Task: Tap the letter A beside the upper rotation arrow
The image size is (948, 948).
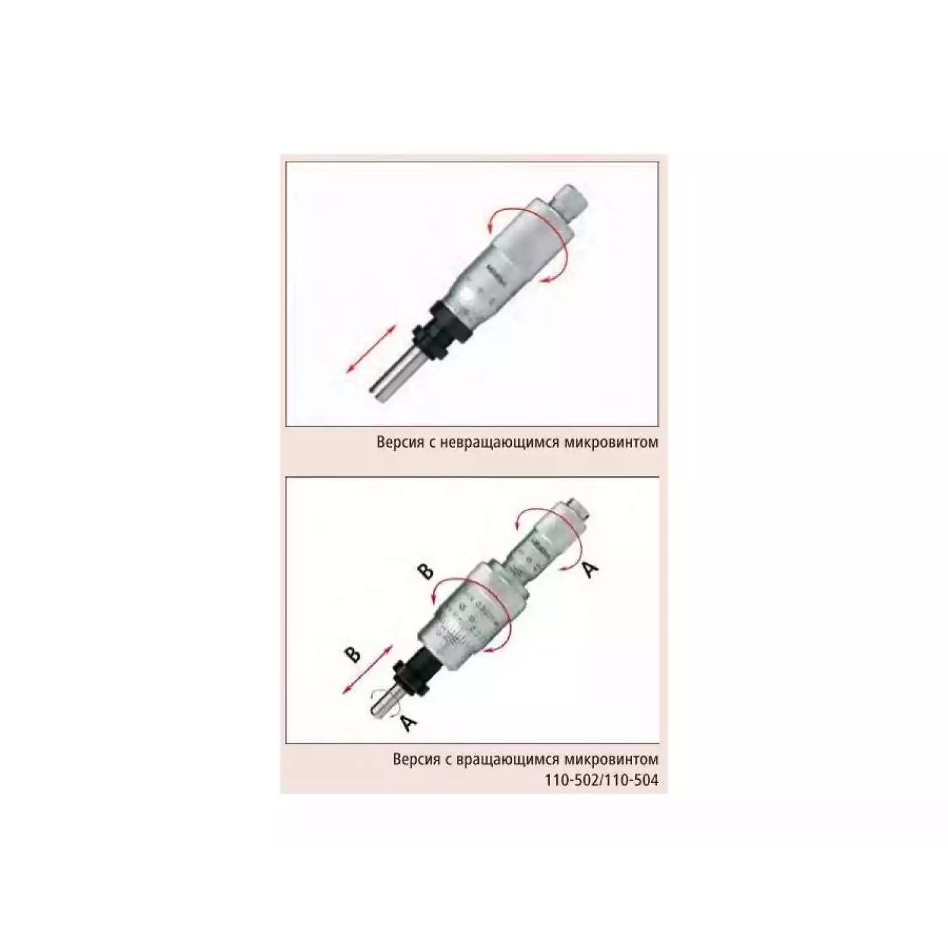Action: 589,570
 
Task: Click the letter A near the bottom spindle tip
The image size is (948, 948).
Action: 409,722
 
